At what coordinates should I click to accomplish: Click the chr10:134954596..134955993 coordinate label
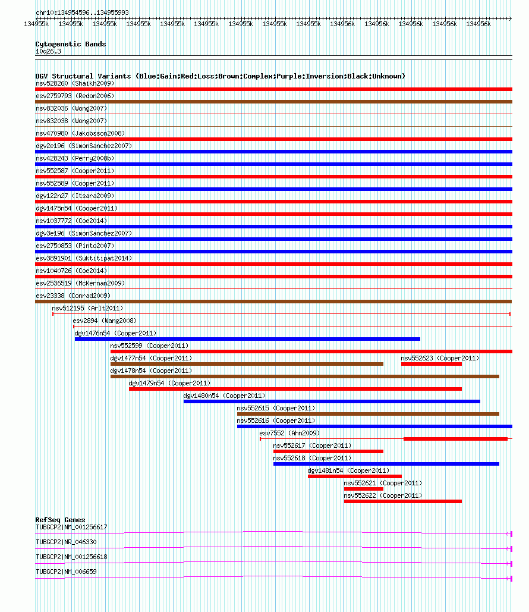tap(82, 12)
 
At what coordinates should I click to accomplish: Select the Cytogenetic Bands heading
tap(70, 44)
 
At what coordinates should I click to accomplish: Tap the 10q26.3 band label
tap(48, 51)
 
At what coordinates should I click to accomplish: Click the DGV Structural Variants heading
tap(220, 76)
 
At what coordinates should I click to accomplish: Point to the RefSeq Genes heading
tap(60, 520)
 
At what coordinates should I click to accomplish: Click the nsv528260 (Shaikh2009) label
tap(75, 83)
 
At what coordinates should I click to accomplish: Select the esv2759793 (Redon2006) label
tap(75, 96)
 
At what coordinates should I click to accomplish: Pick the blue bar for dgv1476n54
tap(247, 339)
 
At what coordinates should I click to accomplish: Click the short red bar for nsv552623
tap(432, 364)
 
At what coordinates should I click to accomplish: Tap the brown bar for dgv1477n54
tap(247, 364)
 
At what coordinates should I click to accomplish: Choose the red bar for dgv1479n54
tap(295, 389)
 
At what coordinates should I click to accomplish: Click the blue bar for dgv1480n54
tap(332, 401)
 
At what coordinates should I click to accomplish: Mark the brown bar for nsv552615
tap(368, 414)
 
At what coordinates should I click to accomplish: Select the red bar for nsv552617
tap(328, 451)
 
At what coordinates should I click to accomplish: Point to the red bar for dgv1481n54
tap(355, 476)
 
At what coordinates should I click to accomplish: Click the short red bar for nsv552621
tap(364, 489)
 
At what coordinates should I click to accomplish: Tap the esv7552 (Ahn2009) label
tap(289, 433)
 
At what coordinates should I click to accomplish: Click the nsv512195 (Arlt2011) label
tap(87, 308)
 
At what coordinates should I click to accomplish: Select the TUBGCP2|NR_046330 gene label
tap(66, 542)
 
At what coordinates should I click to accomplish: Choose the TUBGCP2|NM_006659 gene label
tap(66, 572)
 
